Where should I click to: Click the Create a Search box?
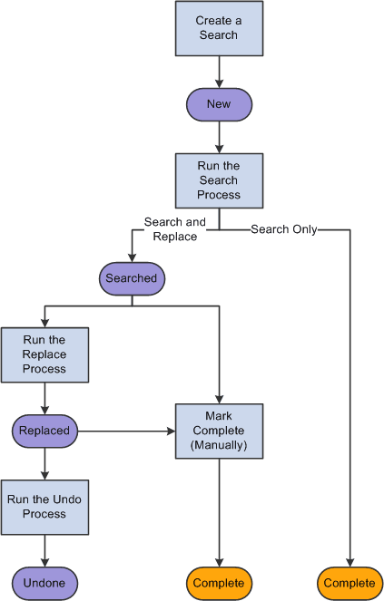coord(218,29)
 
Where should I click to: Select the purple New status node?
coord(219,104)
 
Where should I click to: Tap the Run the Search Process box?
coord(219,180)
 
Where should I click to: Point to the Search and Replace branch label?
coord(175,228)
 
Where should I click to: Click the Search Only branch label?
coord(284,229)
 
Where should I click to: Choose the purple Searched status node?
coord(132,278)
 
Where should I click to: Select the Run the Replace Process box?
coord(44,355)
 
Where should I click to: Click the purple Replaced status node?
coord(44,431)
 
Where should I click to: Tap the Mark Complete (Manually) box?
coord(219,431)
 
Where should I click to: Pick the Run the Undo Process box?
coord(44,507)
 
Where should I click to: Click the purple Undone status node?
coord(44,582)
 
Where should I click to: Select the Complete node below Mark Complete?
coord(219,582)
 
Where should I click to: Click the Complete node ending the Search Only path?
coord(350,582)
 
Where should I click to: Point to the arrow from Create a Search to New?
coord(219,73)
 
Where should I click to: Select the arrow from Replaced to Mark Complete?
coord(127,431)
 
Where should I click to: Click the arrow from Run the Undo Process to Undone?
coord(44,550)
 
